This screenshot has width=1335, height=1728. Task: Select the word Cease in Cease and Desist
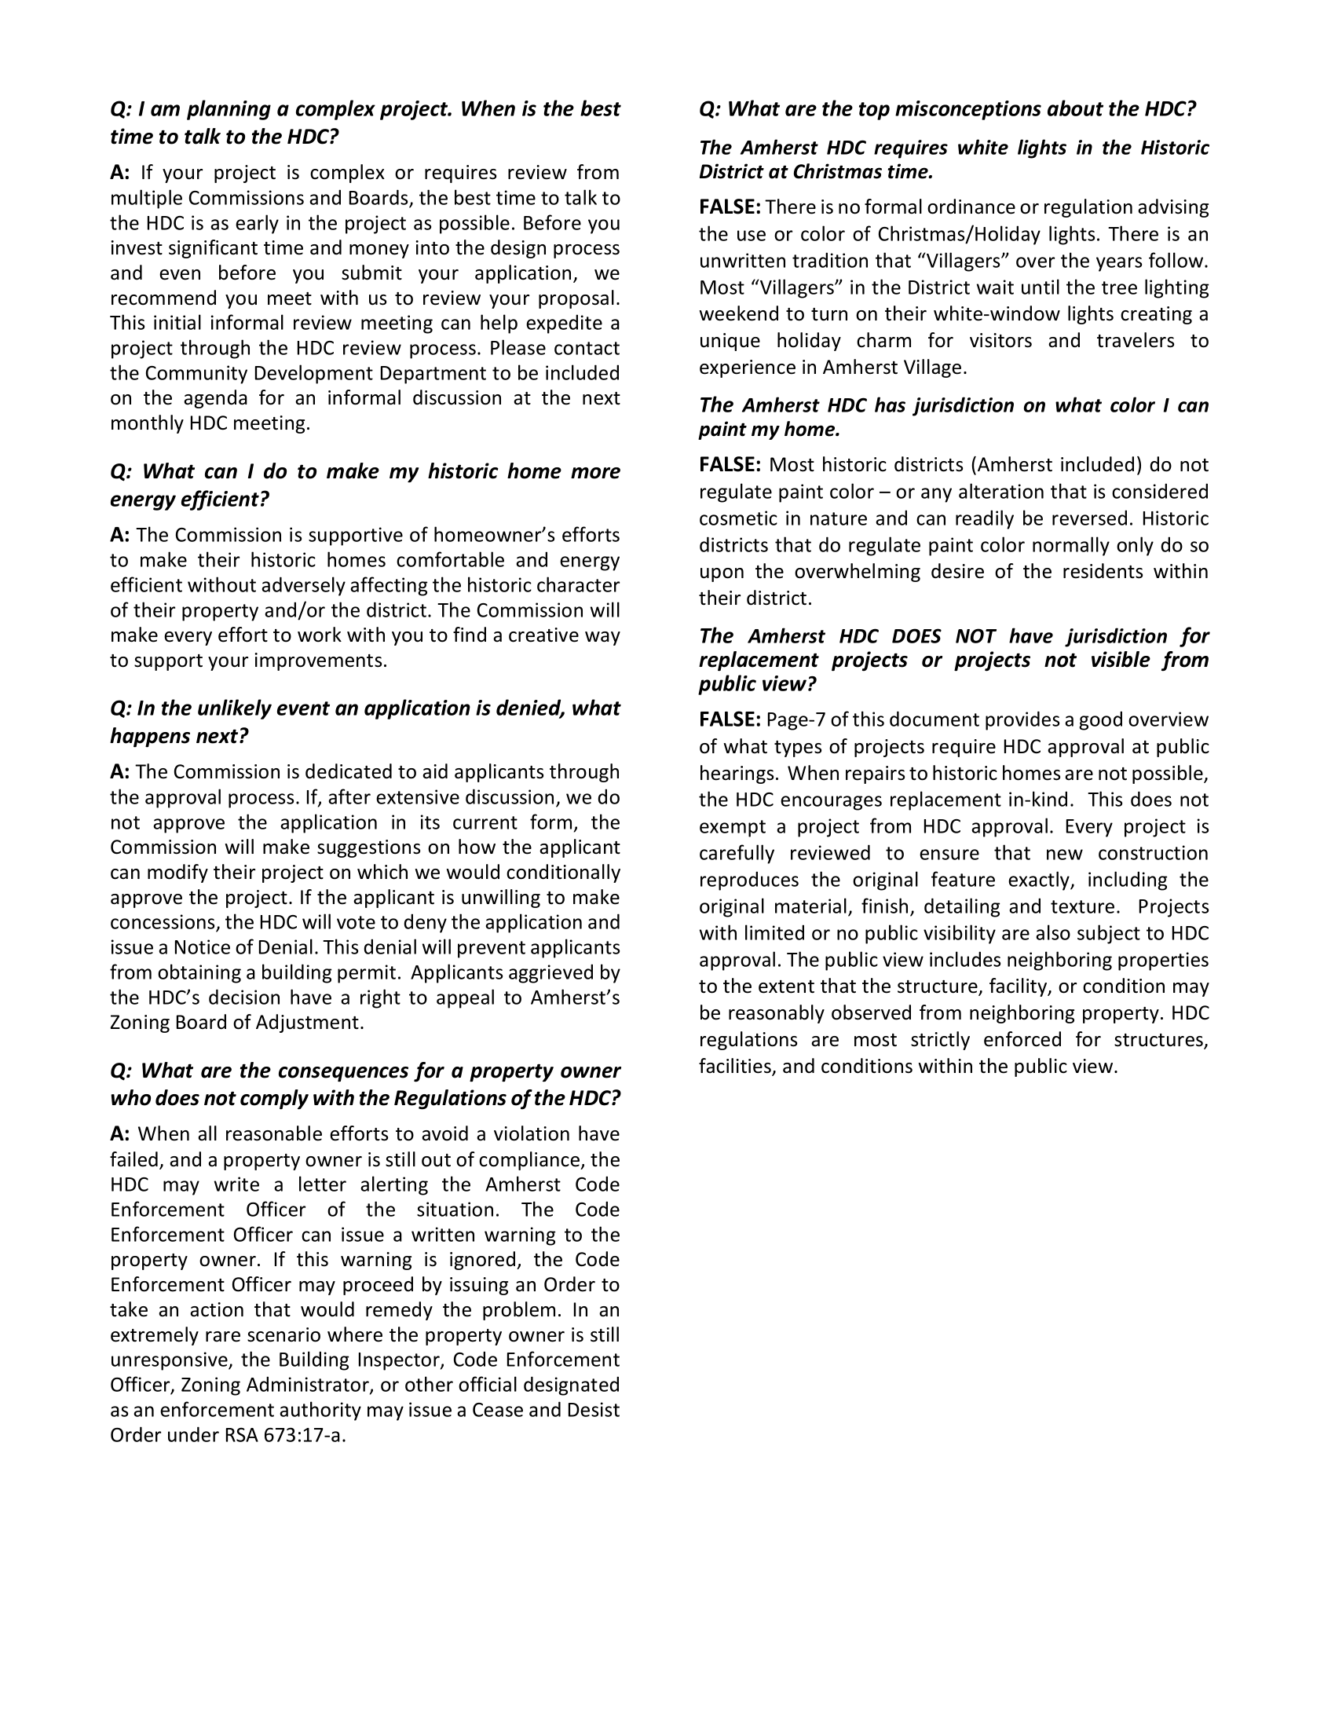pos(496,1411)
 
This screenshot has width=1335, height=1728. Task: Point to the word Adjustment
pos(311,1023)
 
